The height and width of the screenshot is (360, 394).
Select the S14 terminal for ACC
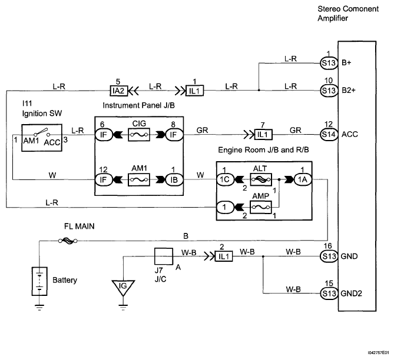[327, 135]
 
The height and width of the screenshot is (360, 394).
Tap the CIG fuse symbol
[140, 135]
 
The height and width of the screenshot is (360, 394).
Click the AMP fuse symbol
[260, 208]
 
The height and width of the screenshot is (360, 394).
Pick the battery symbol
[39, 281]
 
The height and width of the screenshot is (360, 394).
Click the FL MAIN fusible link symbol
[67, 240]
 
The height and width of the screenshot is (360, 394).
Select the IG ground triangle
[122, 286]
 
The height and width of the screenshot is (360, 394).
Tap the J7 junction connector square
[163, 256]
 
